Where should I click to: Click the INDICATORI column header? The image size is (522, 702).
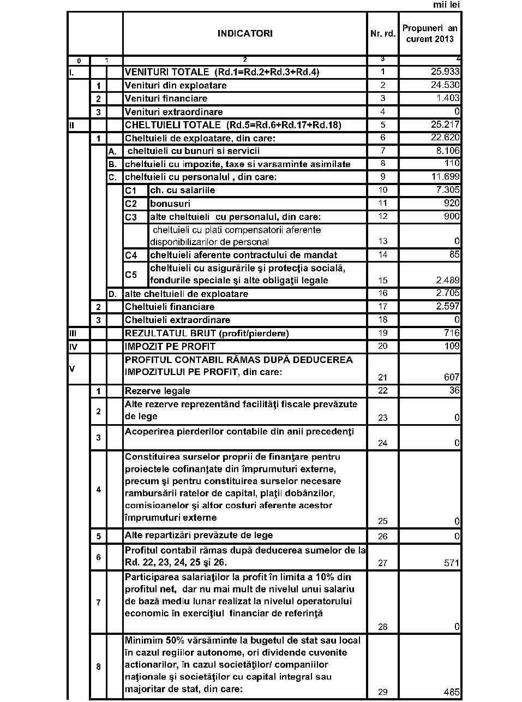[x=245, y=33]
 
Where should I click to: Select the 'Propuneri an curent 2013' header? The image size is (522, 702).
[x=430, y=33]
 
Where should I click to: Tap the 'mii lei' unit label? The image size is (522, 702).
[x=447, y=5]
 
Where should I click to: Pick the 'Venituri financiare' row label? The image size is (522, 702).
[x=166, y=99]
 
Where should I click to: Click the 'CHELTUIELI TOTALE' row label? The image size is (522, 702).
[x=233, y=125]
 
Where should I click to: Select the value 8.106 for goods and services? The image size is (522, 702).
[x=448, y=151]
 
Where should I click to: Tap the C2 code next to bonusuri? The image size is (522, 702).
[x=131, y=204]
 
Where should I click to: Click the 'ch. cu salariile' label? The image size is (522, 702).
[x=182, y=191]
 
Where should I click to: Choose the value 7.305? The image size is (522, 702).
[x=448, y=190]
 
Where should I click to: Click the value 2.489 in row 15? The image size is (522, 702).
[x=448, y=281]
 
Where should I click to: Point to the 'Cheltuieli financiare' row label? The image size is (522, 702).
[x=170, y=307]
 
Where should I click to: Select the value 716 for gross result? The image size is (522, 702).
[x=452, y=333]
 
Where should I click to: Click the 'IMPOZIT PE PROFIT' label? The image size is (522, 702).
[x=170, y=346]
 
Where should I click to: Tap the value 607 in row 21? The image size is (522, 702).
[x=452, y=377]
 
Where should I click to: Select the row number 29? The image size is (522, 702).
[x=382, y=692]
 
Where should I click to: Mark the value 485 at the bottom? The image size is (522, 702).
[x=452, y=692]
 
